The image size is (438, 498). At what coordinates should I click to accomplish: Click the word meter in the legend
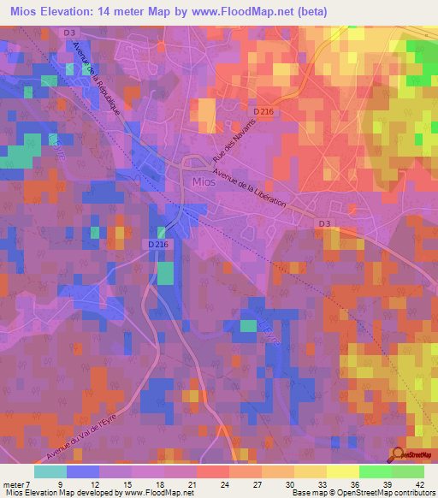click(15, 484)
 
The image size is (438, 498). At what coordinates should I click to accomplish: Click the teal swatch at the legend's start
click(50, 471)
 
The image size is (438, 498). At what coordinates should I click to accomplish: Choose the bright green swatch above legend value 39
click(375, 471)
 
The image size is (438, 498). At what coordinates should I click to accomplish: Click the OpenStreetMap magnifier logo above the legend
click(399, 454)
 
